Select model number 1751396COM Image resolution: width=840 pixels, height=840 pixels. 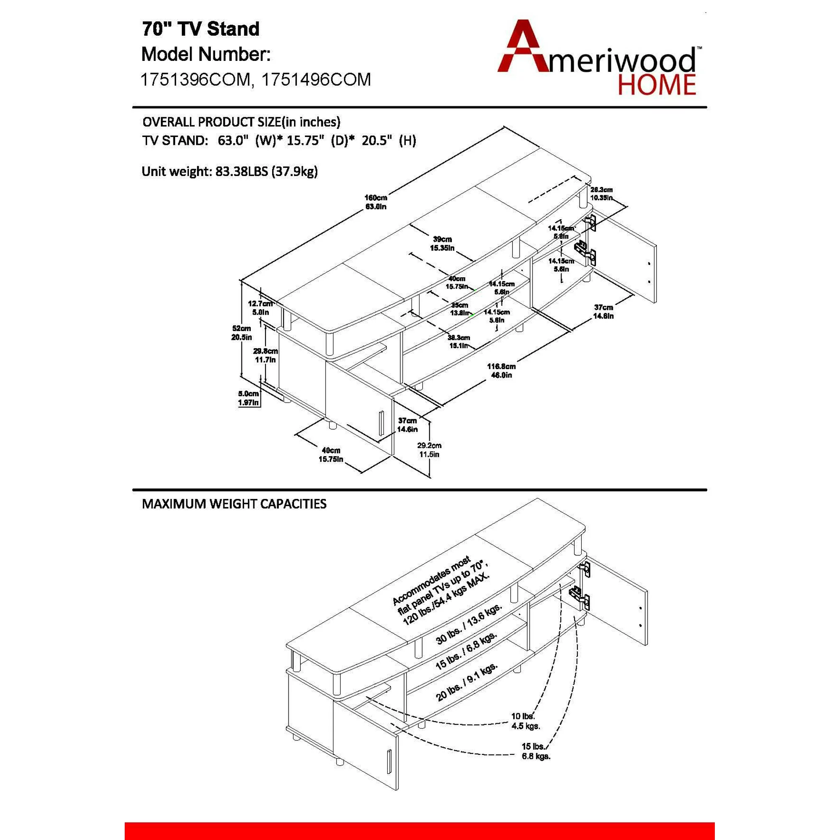[196, 79]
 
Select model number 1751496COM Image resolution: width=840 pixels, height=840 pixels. [316, 79]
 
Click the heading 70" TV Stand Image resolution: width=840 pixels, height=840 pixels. [200, 29]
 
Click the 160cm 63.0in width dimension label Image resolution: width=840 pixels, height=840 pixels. [375, 202]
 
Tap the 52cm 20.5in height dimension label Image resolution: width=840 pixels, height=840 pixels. [241, 333]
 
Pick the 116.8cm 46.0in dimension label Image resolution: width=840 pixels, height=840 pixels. [501, 370]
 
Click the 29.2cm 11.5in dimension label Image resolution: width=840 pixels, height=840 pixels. [429, 449]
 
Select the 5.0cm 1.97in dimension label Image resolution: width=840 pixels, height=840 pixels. [248, 398]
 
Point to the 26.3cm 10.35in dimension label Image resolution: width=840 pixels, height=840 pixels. [601, 194]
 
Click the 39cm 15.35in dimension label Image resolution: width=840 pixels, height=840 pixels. [442, 244]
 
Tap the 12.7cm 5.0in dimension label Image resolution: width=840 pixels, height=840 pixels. [260, 308]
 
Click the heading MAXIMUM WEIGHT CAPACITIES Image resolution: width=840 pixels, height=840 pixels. [234, 504]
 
